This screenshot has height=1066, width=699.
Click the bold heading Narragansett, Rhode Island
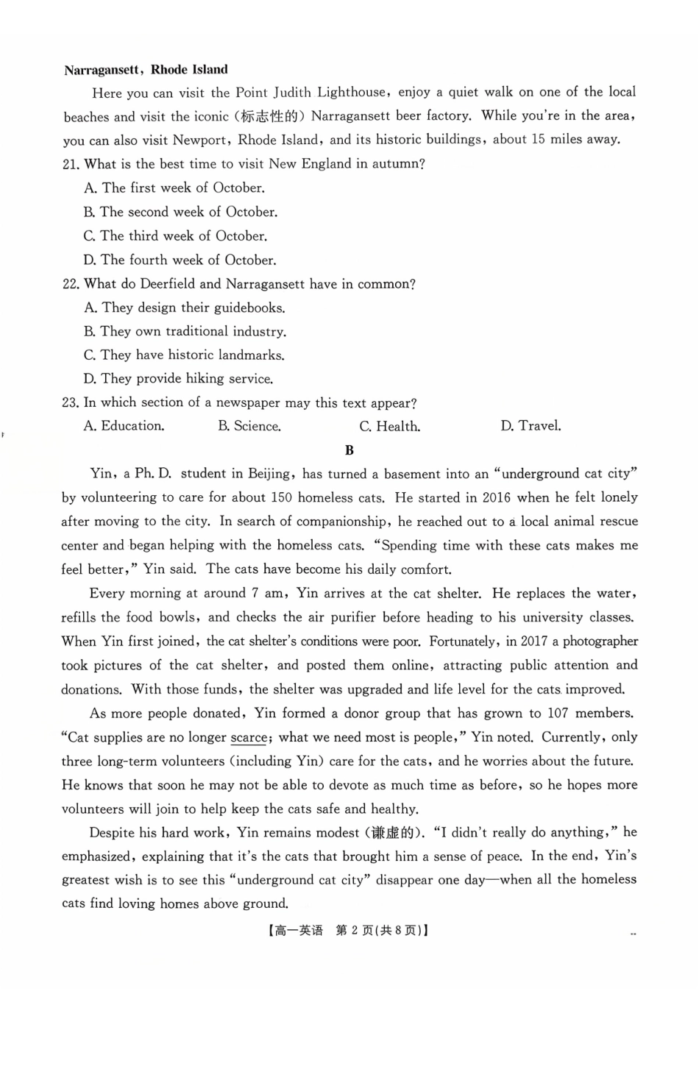(146, 70)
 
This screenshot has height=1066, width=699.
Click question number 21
(71, 164)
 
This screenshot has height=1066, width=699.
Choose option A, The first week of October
(174, 188)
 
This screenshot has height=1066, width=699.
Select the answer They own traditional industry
(185, 332)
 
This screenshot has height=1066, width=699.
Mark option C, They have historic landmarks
(184, 355)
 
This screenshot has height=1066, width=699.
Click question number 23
(71, 403)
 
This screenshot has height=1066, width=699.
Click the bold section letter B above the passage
(349, 450)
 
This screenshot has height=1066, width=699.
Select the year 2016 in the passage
(496, 497)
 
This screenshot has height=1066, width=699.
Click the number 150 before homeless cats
(282, 497)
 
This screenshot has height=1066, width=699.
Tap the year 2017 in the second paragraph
(533, 642)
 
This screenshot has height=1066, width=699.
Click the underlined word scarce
(249, 738)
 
